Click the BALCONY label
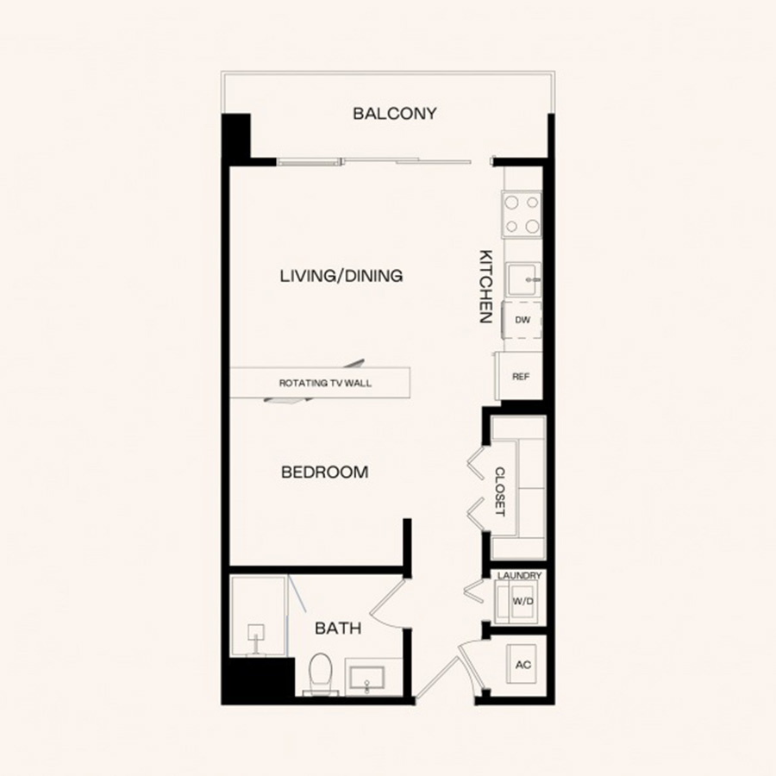coord(394,113)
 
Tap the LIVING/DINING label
coord(341,276)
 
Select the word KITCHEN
coord(486,286)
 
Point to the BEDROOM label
coord(325,472)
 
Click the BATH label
coord(338,629)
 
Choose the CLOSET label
coord(500,491)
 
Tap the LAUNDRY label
coord(519,576)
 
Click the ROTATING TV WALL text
coord(325,383)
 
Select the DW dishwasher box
coord(523,320)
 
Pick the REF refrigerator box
coord(520,377)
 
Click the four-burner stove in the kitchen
coord(523,215)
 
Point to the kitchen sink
coord(523,279)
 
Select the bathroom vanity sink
coord(366,678)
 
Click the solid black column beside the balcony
coord(235,135)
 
